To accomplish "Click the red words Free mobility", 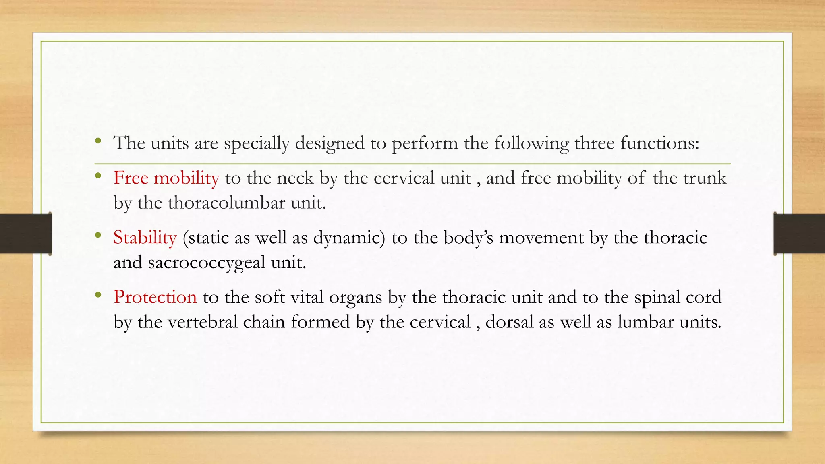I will pyautogui.click(x=166, y=178).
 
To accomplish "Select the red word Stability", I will pyautogui.click(x=145, y=238).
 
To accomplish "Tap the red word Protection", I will pyautogui.click(x=155, y=297).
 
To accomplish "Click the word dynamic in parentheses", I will pyautogui.click(x=349, y=238).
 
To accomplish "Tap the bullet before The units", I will pyautogui.click(x=98, y=141).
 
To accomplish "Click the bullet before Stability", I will pyautogui.click(x=98, y=236).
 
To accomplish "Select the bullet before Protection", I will pyautogui.click(x=98, y=295).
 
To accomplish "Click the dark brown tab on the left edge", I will pyautogui.click(x=25, y=234).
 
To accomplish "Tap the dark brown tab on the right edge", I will pyautogui.click(x=799, y=234).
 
